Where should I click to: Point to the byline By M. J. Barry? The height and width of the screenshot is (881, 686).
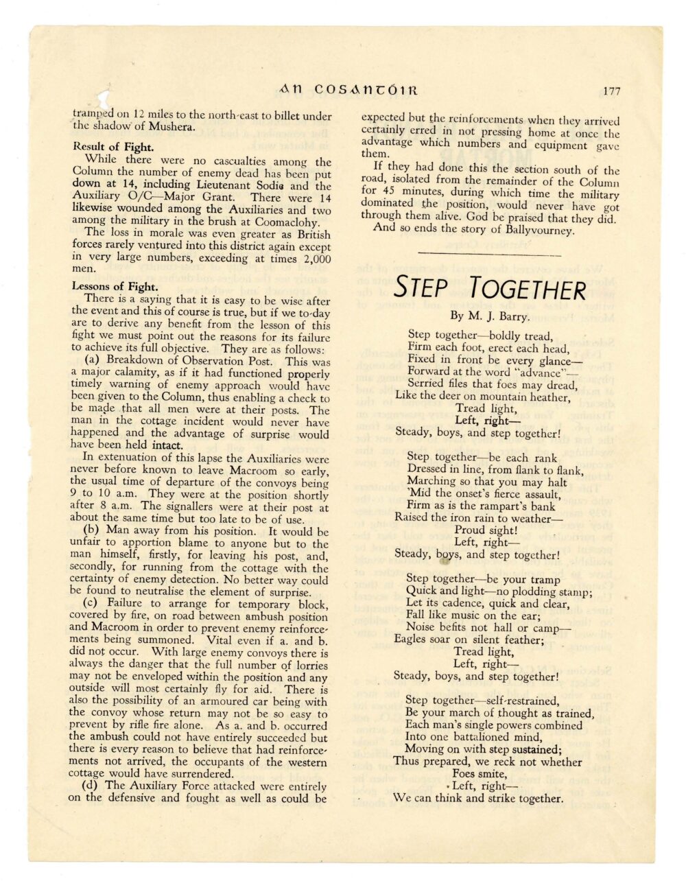tap(490, 316)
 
